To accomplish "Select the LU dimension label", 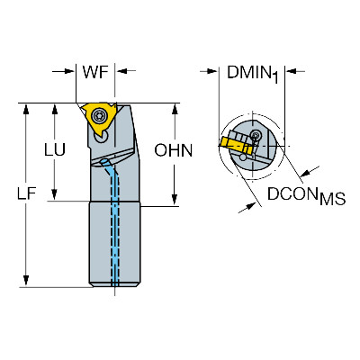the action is tap(55, 149).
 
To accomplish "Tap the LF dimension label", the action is tap(26, 193).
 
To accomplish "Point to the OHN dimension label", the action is tap(174, 150).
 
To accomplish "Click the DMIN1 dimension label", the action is tap(253, 73).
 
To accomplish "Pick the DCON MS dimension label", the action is tap(306, 195).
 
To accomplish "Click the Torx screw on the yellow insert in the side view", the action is tap(99, 115).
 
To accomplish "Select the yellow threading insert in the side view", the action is tap(98, 118).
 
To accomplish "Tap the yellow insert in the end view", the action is tap(236, 145).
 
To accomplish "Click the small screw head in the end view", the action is tap(256, 135).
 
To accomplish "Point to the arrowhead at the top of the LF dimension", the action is tap(26, 109).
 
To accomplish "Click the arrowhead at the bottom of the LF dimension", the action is tap(26, 282).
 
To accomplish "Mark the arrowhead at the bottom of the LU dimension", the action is tap(54, 195).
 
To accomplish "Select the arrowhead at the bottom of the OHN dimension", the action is tap(175, 201).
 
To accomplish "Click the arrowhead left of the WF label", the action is tap(69, 71).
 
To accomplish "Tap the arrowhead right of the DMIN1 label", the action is tap(291, 71).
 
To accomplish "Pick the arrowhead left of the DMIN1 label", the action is tap(211, 71).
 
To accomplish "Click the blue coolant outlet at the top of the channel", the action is tap(104, 162).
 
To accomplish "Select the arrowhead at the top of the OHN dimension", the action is tap(175, 110).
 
